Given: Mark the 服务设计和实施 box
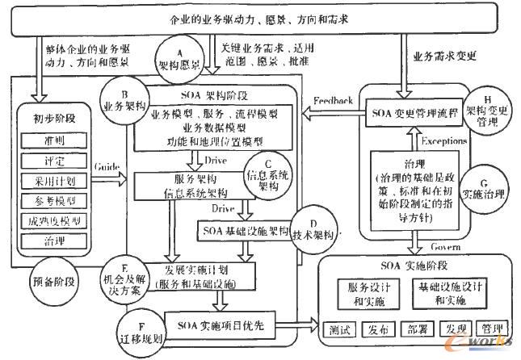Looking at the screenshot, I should coord(363,293).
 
